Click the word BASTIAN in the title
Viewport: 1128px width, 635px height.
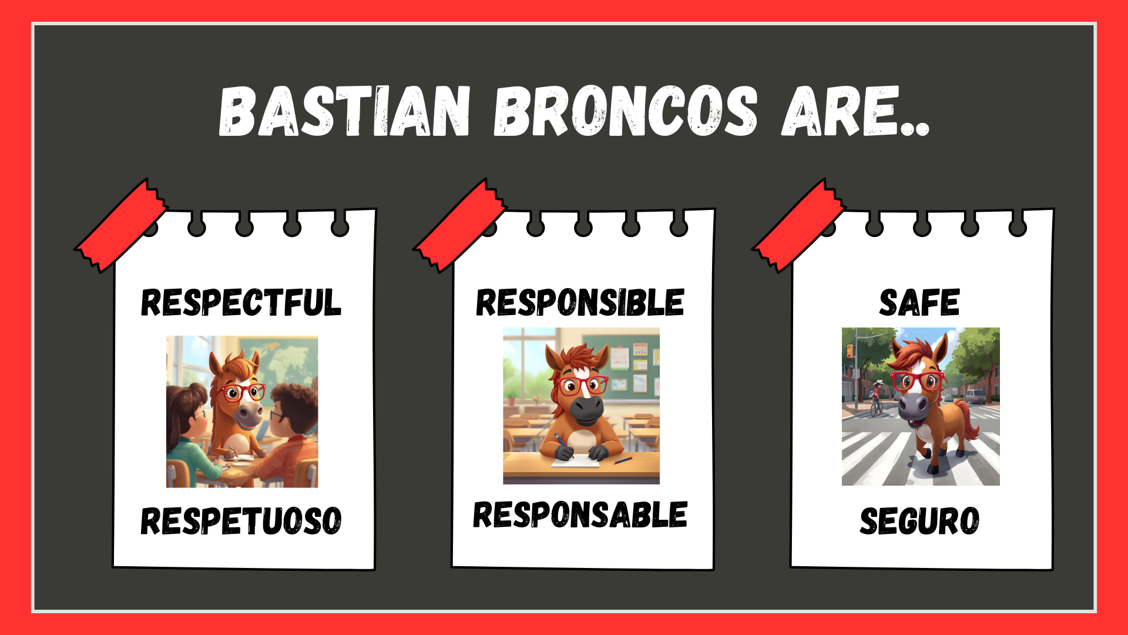pos(344,112)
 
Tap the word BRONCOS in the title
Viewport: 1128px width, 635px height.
pos(625,112)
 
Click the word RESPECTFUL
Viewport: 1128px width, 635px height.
pos(241,303)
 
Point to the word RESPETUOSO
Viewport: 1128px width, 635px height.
pos(241,521)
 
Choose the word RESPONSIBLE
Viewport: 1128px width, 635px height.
pos(580,303)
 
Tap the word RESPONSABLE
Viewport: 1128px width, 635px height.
pos(580,515)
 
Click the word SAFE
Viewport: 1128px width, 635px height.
pos(919,303)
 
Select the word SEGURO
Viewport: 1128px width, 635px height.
pos(919,521)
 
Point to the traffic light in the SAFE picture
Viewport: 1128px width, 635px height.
pos(850,352)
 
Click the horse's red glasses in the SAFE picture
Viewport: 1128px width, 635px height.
pos(916,381)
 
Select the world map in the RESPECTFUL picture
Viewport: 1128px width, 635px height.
pos(288,359)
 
